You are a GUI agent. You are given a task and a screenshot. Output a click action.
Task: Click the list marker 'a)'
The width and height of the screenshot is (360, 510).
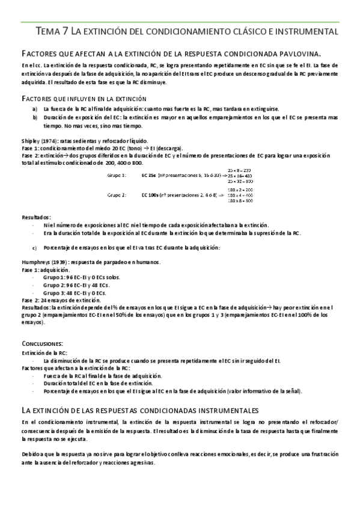coord(35,109)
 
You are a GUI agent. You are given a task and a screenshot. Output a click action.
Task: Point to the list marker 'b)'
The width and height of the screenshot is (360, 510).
coord(35,118)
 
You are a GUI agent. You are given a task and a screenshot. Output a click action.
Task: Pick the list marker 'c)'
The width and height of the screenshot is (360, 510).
coord(35,247)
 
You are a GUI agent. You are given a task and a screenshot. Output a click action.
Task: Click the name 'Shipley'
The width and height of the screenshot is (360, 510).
coord(30,140)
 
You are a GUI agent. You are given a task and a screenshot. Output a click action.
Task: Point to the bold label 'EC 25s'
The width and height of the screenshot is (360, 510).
coord(148,175)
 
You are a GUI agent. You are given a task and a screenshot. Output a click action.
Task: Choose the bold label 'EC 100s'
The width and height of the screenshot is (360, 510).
coord(150,195)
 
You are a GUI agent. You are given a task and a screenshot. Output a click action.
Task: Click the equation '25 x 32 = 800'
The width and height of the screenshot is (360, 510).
coord(240,180)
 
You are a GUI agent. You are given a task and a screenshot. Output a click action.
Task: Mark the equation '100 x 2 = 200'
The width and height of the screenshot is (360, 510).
coord(240,189)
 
